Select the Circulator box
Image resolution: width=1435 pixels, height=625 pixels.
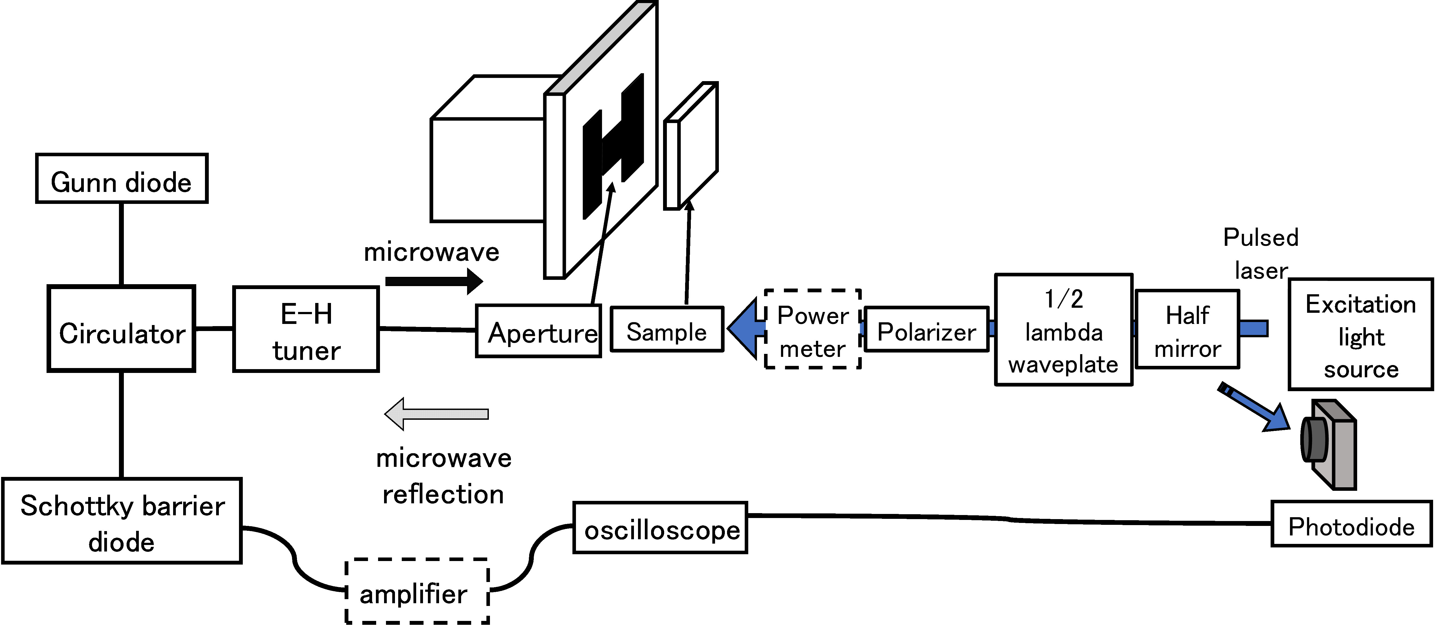tap(121, 329)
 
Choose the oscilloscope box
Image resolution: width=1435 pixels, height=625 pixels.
tap(660, 528)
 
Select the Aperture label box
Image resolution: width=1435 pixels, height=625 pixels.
tap(538, 332)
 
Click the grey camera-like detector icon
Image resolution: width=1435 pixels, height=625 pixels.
tap(1329, 444)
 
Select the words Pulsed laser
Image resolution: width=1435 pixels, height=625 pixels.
tap(1261, 253)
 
